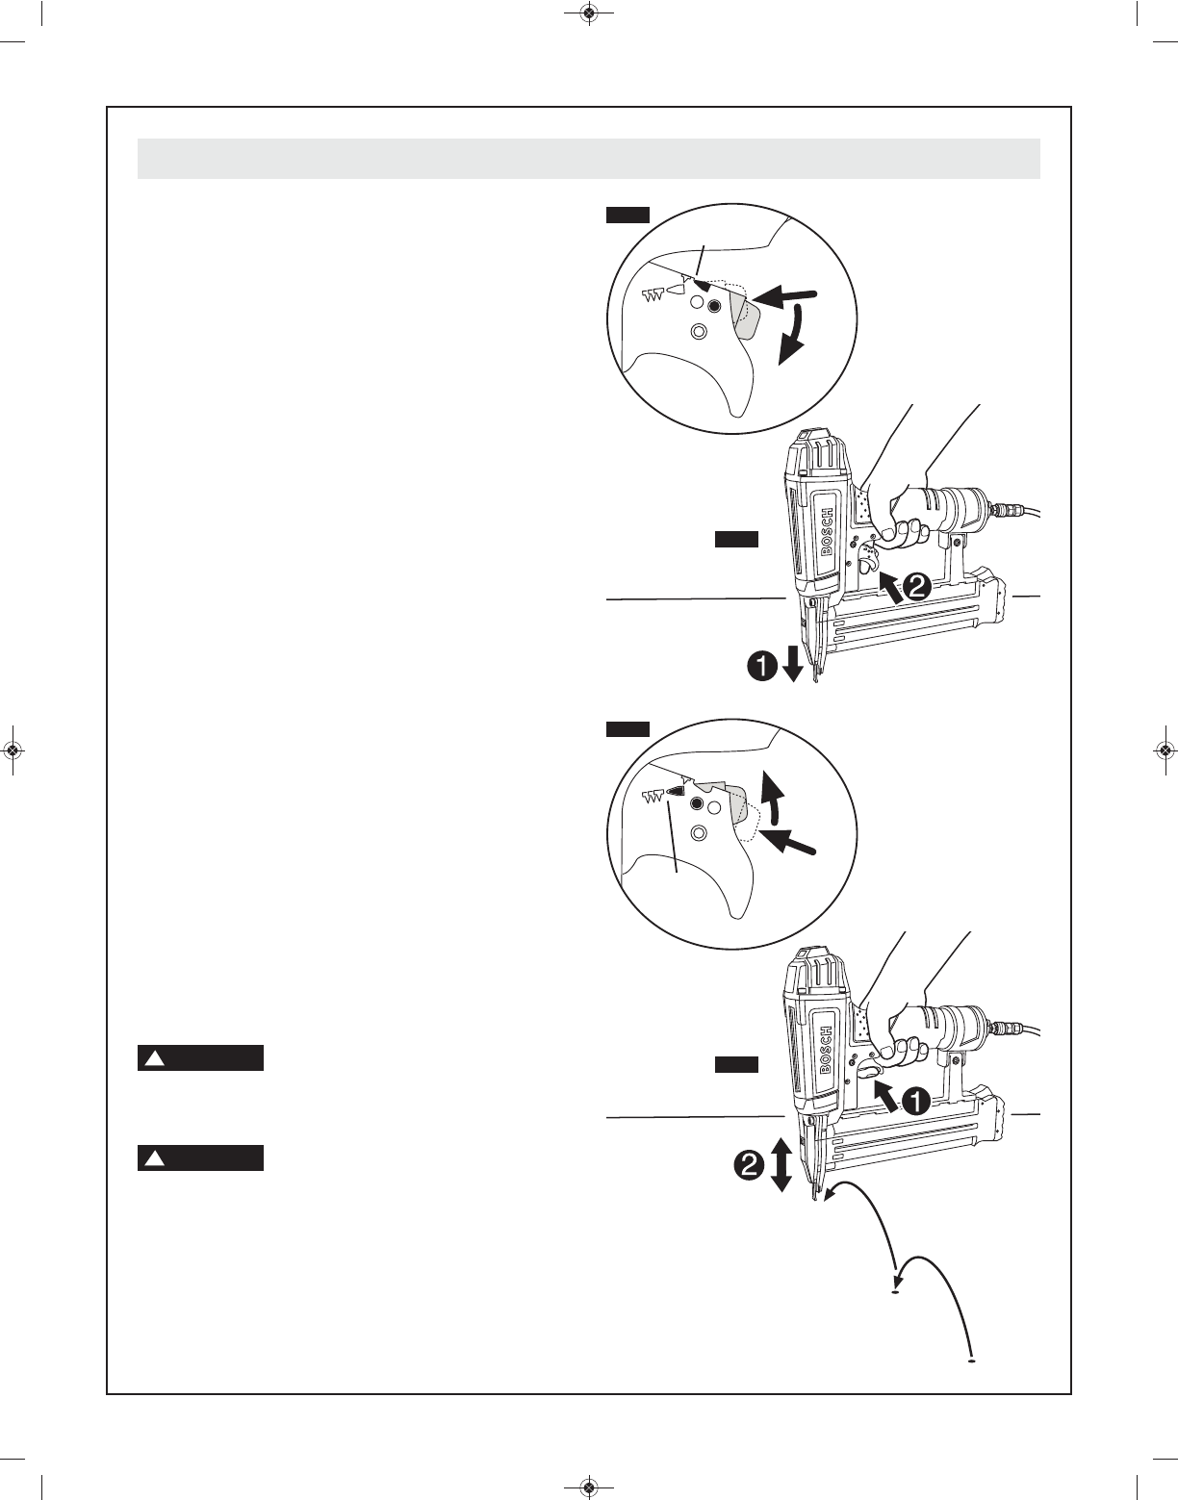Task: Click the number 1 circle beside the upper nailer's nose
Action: (x=761, y=667)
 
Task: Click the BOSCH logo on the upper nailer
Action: (x=829, y=531)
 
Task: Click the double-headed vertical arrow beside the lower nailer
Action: (x=781, y=1165)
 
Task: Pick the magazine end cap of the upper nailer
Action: (x=997, y=595)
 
